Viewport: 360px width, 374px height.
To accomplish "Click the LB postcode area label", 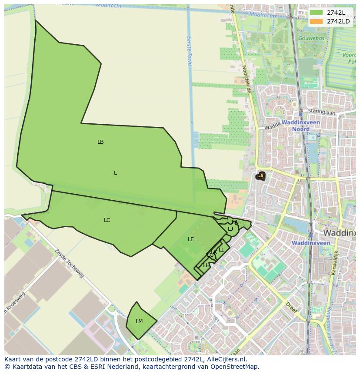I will point(100,142).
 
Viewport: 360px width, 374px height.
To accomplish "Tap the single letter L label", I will point(115,173).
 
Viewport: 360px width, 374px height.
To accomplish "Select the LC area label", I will point(107,220).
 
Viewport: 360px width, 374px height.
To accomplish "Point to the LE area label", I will point(191,239).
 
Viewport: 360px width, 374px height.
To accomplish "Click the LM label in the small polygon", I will point(139,321).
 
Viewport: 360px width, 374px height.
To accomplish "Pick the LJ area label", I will point(230,229).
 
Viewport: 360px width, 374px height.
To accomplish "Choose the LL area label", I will point(221,249).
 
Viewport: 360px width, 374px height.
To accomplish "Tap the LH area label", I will point(206,265).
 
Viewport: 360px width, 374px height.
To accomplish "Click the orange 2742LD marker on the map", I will point(261,176).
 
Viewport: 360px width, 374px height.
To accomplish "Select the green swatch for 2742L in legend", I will point(317,13).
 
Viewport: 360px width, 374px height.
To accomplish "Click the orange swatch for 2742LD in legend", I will point(317,21).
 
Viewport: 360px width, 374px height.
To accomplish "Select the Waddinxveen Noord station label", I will point(300,126).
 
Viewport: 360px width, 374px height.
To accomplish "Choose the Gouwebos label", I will point(311,38).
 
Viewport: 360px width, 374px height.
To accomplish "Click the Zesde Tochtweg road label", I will point(69,263).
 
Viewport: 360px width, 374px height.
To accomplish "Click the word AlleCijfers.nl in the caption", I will point(226,359).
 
